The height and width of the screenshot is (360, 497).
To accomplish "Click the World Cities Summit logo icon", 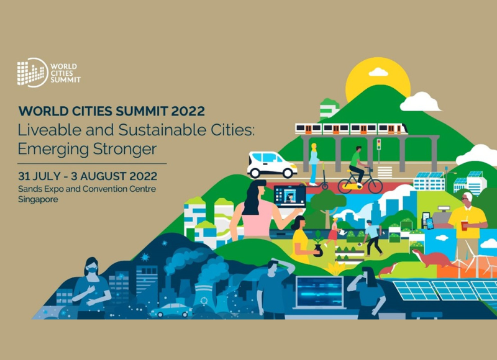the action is pyautogui.click(x=32, y=72).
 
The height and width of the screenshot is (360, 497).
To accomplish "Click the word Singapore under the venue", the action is pyautogui.click(x=38, y=199).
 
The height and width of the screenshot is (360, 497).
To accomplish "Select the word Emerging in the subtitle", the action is pyautogui.click(x=53, y=149).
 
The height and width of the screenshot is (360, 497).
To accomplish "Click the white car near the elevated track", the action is pyautogui.click(x=271, y=165).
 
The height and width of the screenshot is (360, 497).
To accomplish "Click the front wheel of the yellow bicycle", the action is pyautogui.click(x=375, y=185).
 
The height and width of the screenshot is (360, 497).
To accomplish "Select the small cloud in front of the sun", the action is pyautogui.click(x=378, y=72).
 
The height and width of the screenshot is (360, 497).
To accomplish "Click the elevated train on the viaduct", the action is pyautogui.click(x=351, y=129).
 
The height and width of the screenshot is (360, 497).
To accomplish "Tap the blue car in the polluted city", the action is pyautogui.click(x=171, y=310).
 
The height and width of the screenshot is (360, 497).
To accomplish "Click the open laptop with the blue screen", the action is pyautogui.click(x=320, y=292).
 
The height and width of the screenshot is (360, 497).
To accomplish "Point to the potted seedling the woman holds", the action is pyautogui.click(x=318, y=244).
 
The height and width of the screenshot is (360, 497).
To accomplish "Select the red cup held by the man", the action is pyautogui.click(x=464, y=226).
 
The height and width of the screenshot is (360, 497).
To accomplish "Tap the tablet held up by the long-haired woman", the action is pyautogui.click(x=290, y=196).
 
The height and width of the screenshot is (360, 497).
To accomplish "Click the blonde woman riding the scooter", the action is pyautogui.click(x=314, y=164).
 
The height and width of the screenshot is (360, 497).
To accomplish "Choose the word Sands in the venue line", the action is pyautogui.click(x=27, y=189).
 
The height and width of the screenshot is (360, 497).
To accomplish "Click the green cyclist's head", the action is pyautogui.click(x=358, y=149).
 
